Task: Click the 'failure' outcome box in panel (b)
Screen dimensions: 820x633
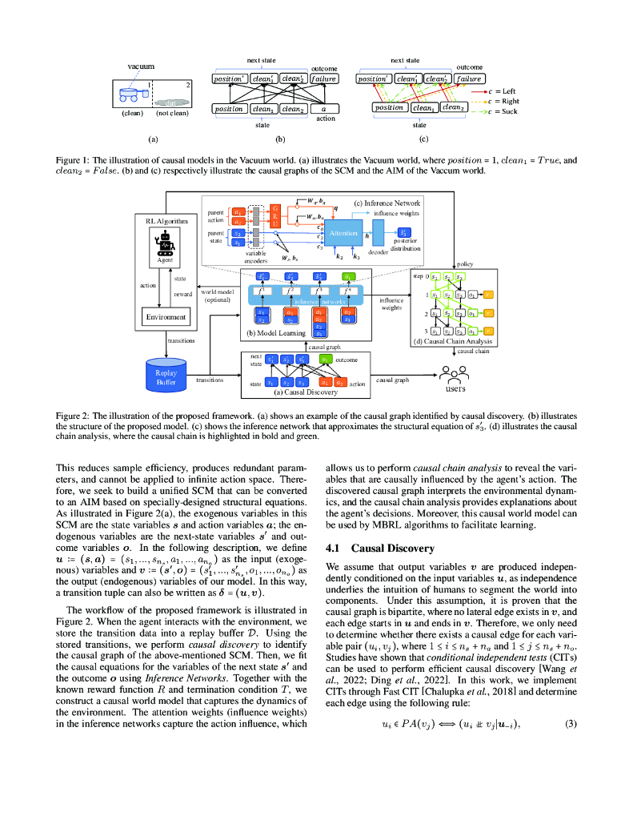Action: click(324, 78)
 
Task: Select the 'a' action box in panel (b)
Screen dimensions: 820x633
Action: click(324, 109)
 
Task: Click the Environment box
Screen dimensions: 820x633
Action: click(166, 317)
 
